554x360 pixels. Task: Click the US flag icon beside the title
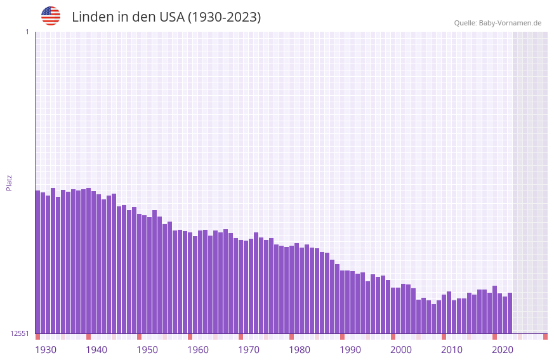tap(51, 16)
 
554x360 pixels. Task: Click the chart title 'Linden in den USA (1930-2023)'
tap(166, 17)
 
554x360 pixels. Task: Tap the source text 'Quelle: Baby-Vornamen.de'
tap(498, 23)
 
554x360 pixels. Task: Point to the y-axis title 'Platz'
tap(9, 182)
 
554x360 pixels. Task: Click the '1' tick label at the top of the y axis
tap(27, 32)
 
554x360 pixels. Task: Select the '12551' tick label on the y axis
tap(20, 333)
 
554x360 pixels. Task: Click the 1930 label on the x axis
tap(46, 349)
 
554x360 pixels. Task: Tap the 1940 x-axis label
tap(96, 349)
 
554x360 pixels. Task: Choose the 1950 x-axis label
tap(147, 349)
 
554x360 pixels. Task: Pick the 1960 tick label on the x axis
tap(198, 349)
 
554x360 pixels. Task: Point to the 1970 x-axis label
tap(249, 349)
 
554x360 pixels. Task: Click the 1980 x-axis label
tap(300, 349)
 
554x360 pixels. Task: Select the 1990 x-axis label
tap(350, 349)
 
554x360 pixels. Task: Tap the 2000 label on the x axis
tap(401, 349)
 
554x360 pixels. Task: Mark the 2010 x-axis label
tap(452, 349)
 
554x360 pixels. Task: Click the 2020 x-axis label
tap(503, 349)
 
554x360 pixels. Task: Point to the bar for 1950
tap(139, 274)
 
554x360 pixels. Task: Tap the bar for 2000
tap(393, 310)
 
